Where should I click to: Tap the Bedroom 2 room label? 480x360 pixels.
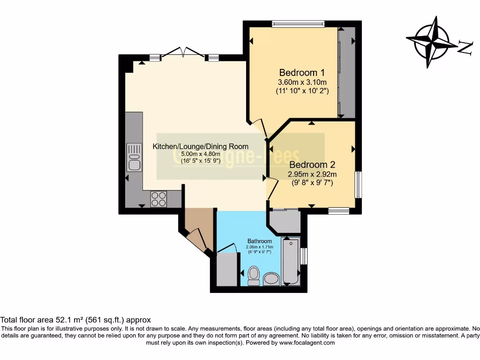(x=312, y=165)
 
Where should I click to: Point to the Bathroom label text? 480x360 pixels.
(x=260, y=241)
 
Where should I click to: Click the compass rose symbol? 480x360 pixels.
(x=432, y=42)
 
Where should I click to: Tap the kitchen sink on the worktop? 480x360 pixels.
(x=134, y=157)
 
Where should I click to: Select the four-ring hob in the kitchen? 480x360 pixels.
(x=158, y=199)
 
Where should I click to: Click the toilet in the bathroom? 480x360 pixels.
(x=254, y=275)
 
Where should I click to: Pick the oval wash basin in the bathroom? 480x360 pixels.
(x=271, y=280)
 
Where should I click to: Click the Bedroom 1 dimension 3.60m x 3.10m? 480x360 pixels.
(x=302, y=82)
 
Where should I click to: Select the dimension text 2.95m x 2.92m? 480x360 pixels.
(x=312, y=174)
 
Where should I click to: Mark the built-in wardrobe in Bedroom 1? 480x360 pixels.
(x=347, y=73)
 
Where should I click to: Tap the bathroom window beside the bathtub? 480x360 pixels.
(x=304, y=256)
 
